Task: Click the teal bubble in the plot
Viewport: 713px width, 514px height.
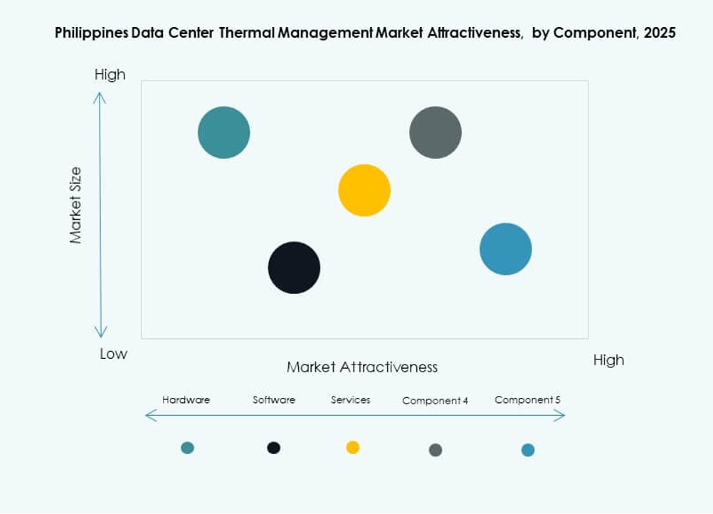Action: tap(224, 132)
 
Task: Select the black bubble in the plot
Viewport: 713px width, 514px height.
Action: tap(294, 268)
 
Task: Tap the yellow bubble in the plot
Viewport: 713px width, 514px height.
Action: tap(364, 190)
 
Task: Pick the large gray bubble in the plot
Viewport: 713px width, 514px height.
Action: tap(435, 132)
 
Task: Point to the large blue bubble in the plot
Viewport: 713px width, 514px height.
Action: tap(506, 249)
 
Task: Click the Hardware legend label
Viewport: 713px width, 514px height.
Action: tap(186, 400)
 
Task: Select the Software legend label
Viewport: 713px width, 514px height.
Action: tap(274, 400)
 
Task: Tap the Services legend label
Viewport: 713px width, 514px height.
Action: tap(351, 400)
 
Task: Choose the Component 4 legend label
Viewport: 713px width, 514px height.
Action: tap(435, 401)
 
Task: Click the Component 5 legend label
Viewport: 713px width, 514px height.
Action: tap(527, 400)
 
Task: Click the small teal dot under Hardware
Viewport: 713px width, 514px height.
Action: tap(187, 448)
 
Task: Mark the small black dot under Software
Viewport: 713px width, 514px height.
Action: tap(274, 448)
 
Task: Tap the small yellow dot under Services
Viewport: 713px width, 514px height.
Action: tap(353, 447)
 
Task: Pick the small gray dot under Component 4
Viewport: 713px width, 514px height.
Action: tap(435, 450)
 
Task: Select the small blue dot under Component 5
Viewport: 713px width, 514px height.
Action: tap(527, 450)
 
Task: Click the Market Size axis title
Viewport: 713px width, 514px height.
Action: tap(76, 206)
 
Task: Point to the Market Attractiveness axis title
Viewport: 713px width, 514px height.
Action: tap(362, 367)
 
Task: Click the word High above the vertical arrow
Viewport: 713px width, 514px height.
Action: tap(110, 75)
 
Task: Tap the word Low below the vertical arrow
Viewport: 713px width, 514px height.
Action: tap(113, 354)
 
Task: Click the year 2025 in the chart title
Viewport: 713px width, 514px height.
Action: tap(660, 33)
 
